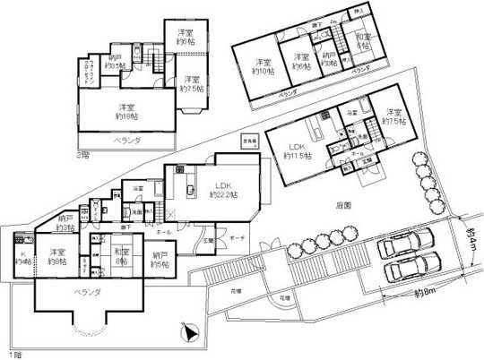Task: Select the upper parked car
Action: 408,244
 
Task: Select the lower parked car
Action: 413,268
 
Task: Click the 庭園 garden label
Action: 344,204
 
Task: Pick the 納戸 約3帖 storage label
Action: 65,223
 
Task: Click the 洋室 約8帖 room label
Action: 59,256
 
